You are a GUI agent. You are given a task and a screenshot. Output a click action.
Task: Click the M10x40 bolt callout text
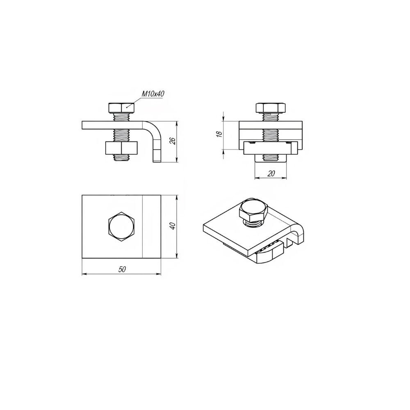point(153,93)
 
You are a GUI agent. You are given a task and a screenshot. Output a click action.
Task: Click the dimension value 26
point(173,141)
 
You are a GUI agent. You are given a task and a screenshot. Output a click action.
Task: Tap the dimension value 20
point(271,173)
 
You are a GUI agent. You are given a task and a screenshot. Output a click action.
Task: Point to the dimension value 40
point(173,226)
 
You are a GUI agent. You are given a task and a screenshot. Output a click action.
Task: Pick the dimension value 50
point(122,269)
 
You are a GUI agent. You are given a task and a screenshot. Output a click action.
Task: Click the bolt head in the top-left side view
point(121,108)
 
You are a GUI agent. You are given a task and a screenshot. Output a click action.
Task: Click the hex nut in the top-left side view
point(121,148)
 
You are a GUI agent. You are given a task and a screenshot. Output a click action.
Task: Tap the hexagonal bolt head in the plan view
point(122,226)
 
